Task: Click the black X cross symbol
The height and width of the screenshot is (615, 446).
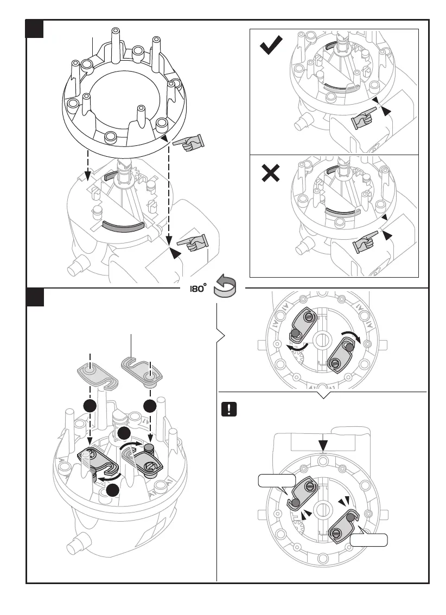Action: pos(271,174)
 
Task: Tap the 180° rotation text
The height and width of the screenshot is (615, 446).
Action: pos(197,289)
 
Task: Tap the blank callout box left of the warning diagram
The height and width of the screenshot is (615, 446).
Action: pos(276,481)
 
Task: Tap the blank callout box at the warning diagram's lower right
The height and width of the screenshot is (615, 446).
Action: pos(369,540)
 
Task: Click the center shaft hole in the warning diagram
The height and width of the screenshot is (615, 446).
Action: pos(323,508)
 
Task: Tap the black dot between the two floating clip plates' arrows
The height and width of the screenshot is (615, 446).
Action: pos(124,433)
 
